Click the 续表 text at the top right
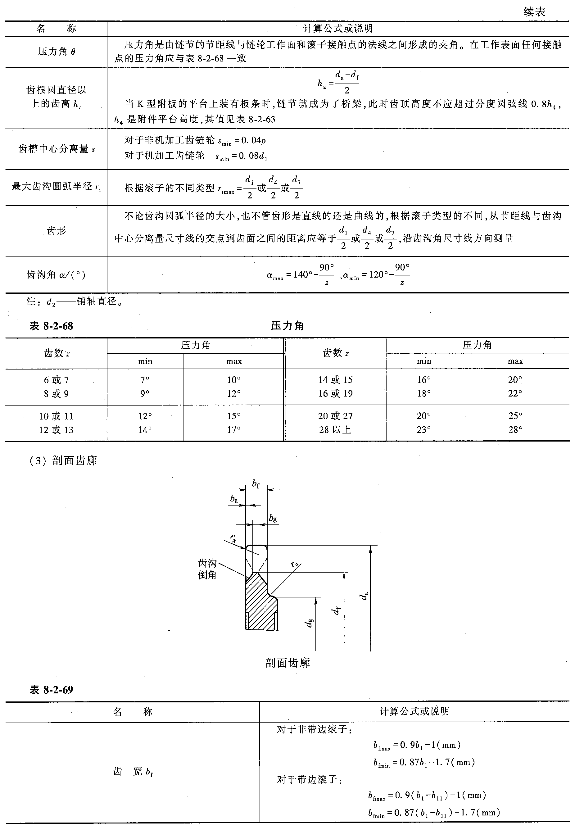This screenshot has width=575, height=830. (x=534, y=12)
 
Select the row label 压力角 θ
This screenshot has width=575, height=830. (x=57, y=52)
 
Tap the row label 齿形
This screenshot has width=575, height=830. (x=57, y=230)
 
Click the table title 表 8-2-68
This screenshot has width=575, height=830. (x=51, y=326)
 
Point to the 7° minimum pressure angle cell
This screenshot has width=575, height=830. (x=145, y=380)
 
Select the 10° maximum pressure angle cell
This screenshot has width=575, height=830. (x=234, y=380)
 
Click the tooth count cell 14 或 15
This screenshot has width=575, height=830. (x=335, y=380)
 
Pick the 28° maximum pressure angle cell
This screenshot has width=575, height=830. (x=515, y=429)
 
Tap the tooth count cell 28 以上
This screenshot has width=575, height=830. (x=335, y=429)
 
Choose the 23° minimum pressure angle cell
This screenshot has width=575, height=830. (x=424, y=429)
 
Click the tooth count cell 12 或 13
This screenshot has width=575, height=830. (x=56, y=430)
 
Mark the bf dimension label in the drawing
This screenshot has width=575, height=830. (x=256, y=484)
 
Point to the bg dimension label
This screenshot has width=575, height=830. (x=273, y=518)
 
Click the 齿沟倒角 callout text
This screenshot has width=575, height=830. (x=207, y=569)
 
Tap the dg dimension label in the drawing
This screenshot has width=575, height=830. (x=310, y=622)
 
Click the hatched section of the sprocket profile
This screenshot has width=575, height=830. (x=259, y=605)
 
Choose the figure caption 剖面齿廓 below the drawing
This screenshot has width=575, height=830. (x=287, y=663)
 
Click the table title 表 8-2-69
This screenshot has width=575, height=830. (x=51, y=690)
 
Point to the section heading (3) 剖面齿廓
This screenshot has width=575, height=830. (x=63, y=460)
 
